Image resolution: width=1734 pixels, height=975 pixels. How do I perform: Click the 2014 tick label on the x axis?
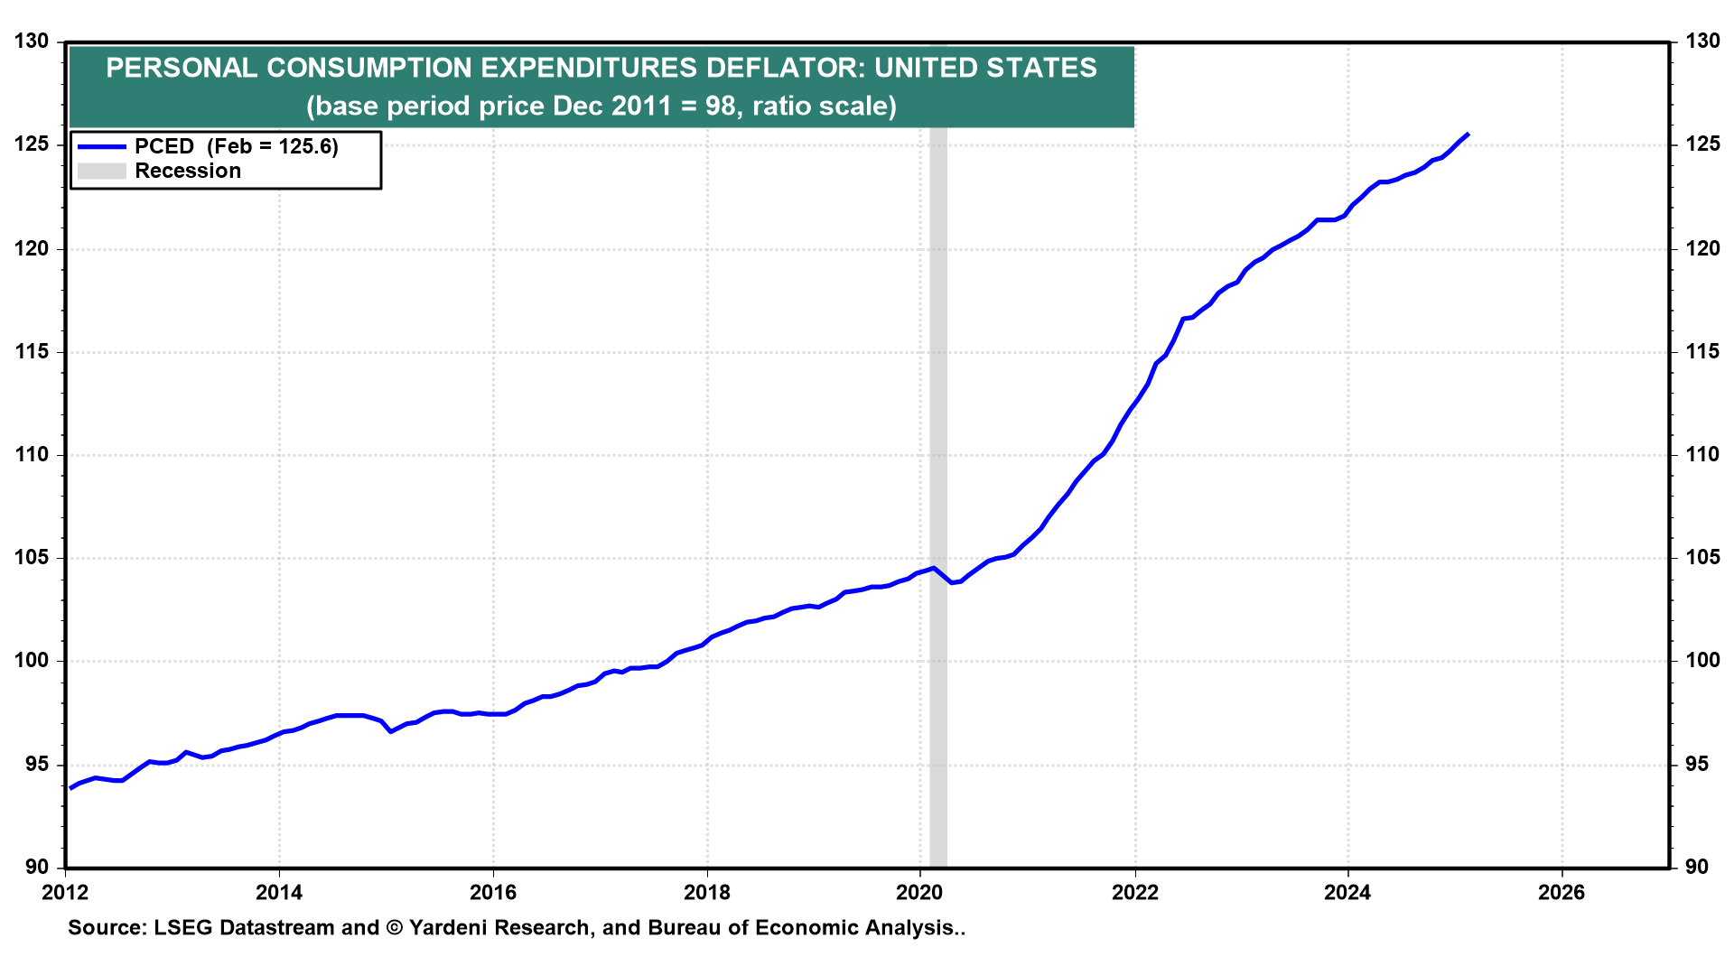click(279, 893)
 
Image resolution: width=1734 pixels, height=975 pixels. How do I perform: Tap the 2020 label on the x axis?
click(919, 893)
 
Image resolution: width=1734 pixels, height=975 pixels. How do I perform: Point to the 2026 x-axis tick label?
click(1562, 893)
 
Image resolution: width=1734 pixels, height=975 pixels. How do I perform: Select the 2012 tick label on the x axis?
click(65, 893)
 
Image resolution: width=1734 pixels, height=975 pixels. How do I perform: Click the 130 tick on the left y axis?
click(31, 42)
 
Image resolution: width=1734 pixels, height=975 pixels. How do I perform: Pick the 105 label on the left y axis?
click(31, 558)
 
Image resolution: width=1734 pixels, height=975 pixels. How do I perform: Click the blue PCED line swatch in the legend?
click(101, 146)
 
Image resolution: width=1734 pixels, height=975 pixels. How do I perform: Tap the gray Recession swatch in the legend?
click(101, 171)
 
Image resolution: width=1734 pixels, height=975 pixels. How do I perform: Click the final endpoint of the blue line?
click(1468, 135)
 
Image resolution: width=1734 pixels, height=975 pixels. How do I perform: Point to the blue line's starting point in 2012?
click(70, 788)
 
